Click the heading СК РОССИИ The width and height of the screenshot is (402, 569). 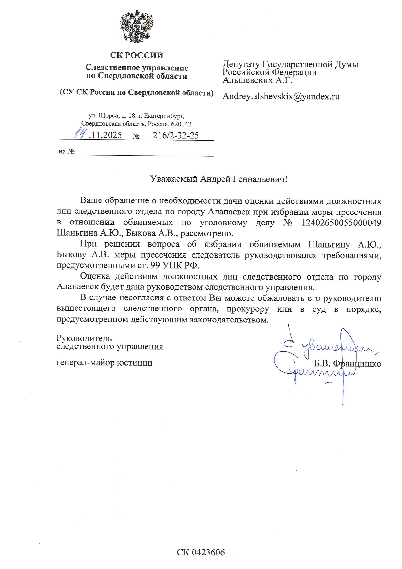[x=136, y=55]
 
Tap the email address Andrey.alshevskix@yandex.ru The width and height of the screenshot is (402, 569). [x=281, y=96]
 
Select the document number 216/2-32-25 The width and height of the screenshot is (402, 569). [x=176, y=135]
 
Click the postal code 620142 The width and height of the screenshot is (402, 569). [x=182, y=124]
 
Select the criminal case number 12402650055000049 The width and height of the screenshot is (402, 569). [x=341, y=223]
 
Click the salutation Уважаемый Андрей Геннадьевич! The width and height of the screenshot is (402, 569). [x=219, y=179]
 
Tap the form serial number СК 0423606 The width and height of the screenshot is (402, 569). [x=201, y=552]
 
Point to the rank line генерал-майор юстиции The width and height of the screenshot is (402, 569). [x=104, y=362]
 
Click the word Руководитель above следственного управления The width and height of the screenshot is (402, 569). [x=84, y=338]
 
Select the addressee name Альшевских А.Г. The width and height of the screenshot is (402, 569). [x=257, y=80]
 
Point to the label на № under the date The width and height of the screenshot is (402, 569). [x=67, y=151]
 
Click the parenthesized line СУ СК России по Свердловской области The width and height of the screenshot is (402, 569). [x=136, y=92]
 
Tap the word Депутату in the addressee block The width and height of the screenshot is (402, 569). [x=241, y=64]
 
